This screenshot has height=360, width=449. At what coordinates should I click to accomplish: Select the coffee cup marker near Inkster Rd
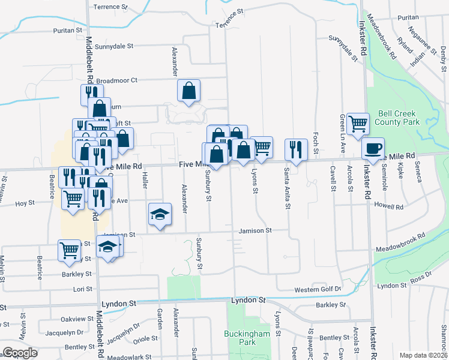(373, 148)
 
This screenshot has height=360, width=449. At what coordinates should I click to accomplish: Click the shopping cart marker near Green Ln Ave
(358, 124)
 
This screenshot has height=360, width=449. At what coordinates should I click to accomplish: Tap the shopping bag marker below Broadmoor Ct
(188, 91)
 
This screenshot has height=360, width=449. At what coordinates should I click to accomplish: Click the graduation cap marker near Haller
(160, 214)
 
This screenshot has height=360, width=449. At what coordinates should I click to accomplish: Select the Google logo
(20, 352)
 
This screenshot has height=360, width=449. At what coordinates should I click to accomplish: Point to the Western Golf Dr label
(317, 289)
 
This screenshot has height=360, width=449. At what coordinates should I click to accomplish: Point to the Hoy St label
(25, 203)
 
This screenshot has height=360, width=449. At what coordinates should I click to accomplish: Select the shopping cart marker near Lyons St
(262, 148)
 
